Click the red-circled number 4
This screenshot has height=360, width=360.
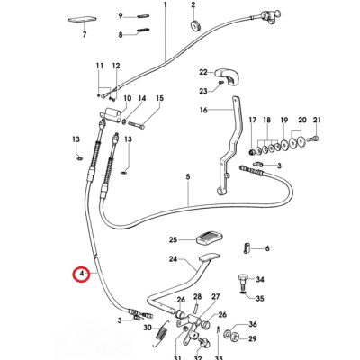(81, 274)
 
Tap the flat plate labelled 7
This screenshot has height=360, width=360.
(82, 20)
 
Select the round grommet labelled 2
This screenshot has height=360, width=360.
(196, 25)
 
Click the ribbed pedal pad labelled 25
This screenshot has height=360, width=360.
(208, 239)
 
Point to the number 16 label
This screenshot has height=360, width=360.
(203, 111)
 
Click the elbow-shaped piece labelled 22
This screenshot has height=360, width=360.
(229, 76)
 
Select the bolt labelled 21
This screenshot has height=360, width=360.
(315, 139)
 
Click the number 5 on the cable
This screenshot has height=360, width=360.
(188, 177)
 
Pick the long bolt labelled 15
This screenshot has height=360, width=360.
(137, 124)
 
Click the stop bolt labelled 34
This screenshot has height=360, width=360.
(242, 278)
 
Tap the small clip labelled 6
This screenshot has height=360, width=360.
(247, 248)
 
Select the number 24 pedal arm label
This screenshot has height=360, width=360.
(174, 259)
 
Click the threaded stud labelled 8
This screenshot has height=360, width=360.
(141, 31)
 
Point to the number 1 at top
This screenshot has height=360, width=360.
(166, 5)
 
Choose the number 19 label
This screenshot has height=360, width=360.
(284, 121)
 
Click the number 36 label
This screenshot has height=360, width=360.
(253, 324)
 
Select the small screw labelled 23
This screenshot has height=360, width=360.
(221, 82)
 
